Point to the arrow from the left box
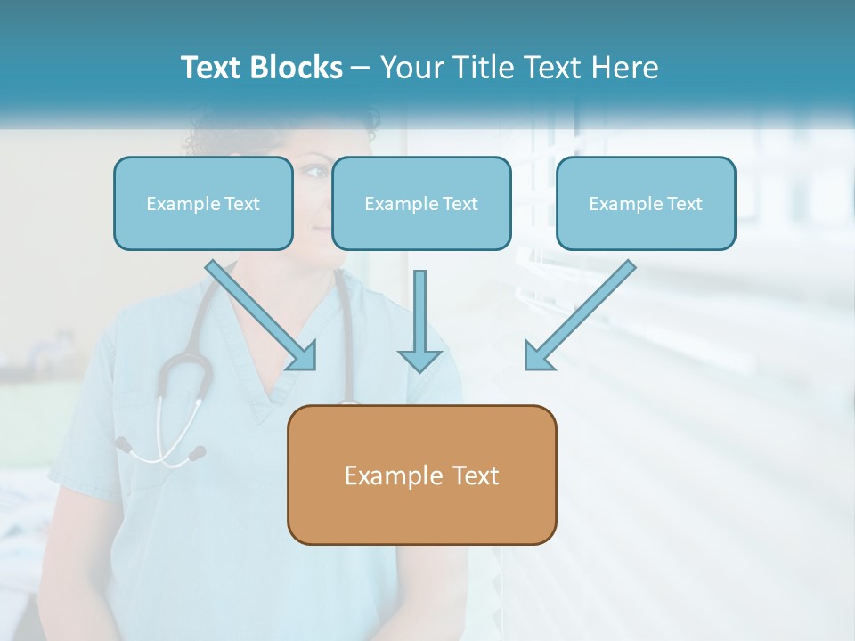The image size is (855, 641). point(258,312)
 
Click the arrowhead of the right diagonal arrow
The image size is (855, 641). point(537,356)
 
